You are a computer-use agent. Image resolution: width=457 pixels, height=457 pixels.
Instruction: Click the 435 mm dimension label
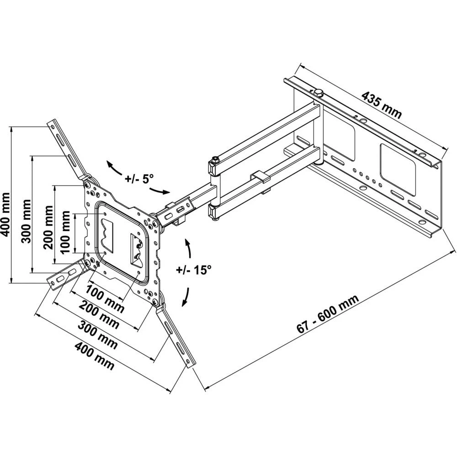pyautogui.click(x=382, y=105)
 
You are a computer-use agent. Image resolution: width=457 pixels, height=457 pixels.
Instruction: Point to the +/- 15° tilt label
pyautogui.click(x=194, y=270)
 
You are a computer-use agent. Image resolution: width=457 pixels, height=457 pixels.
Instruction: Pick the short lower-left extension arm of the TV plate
pyautogui.click(x=64, y=277)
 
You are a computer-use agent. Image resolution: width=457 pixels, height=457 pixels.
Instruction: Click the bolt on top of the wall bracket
pyautogui.click(x=319, y=92)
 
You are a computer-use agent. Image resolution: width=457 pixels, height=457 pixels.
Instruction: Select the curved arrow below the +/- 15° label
pyautogui.click(x=187, y=297)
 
